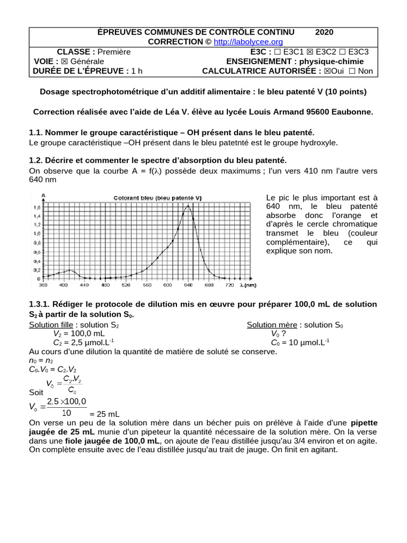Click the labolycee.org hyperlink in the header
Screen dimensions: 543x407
[x=248, y=42]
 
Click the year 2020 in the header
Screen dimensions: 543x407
[x=324, y=32]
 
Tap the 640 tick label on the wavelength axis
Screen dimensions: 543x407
[x=188, y=285]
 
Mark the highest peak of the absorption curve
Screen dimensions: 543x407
[x=187, y=206]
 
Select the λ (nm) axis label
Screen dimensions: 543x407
[x=247, y=285]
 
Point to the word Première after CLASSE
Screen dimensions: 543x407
[x=114, y=52]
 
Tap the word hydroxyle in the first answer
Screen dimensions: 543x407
[x=319, y=143]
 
